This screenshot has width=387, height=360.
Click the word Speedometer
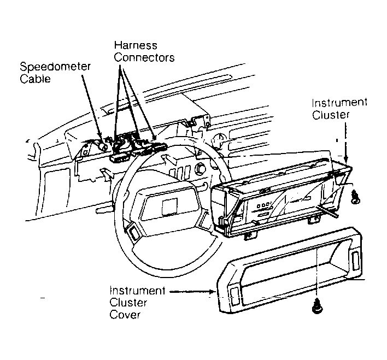point(55,67)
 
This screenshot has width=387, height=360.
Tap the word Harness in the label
point(136,45)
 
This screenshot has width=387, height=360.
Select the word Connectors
point(144,58)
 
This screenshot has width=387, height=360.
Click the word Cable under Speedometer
point(36,79)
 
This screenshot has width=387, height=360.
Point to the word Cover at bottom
point(125,315)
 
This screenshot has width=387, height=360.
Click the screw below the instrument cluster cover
point(317,306)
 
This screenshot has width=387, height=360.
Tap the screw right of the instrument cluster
point(356,197)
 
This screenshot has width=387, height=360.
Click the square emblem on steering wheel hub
point(169,206)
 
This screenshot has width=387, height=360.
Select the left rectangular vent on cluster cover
point(234,295)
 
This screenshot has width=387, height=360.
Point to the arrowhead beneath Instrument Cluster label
point(346,159)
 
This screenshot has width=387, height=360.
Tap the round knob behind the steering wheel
point(201,169)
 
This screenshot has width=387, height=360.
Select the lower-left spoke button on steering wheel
point(133,232)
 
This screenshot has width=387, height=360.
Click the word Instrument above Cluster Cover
point(137,291)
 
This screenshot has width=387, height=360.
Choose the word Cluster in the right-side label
point(331,115)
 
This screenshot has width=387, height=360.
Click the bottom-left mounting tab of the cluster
point(250,236)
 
